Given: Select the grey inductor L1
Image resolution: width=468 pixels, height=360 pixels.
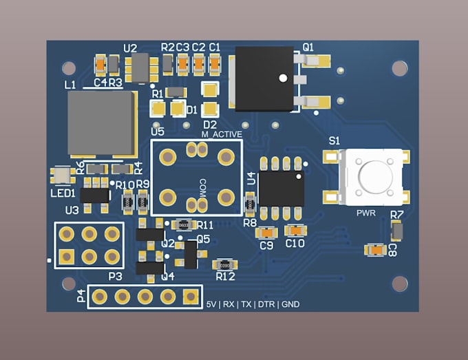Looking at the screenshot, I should click(x=100, y=123).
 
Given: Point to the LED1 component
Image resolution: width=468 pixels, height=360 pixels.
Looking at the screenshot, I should click(x=61, y=175).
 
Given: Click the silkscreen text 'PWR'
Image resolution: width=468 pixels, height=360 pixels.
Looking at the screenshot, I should click(x=365, y=213).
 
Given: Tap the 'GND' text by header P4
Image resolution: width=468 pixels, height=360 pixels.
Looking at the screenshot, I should click(x=290, y=304).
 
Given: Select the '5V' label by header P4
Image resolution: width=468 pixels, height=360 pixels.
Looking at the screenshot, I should click(x=211, y=304).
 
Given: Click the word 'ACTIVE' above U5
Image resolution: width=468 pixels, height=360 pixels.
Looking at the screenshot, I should click(x=227, y=135).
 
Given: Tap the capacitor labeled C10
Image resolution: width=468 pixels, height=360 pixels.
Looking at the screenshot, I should click(x=295, y=231).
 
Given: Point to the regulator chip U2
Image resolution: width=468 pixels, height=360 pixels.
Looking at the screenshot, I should click(x=139, y=67).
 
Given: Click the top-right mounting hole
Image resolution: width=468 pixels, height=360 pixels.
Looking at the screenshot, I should click(x=400, y=67).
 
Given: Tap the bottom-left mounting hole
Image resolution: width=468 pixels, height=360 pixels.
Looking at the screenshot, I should click(x=68, y=283).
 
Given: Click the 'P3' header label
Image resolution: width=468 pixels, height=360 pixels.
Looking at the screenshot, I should click(x=115, y=276).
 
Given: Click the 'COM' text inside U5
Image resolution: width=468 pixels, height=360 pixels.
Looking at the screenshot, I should click(x=202, y=187).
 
